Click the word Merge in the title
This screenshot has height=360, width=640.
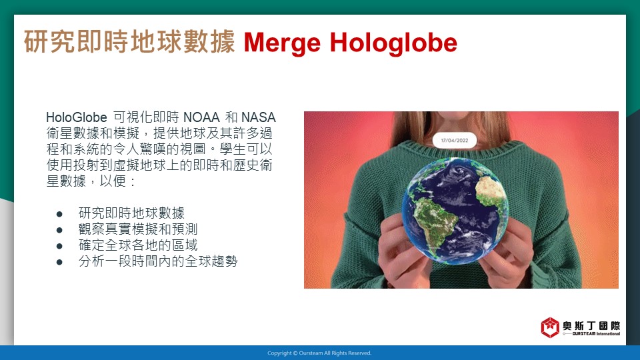[x=282, y=43]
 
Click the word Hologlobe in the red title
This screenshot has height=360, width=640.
[x=393, y=43]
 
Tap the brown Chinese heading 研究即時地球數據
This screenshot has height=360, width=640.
[x=129, y=41]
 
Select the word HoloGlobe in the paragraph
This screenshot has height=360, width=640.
[x=76, y=117]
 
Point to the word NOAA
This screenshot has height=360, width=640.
[x=201, y=117]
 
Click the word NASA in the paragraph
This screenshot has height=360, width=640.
[x=259, y=117]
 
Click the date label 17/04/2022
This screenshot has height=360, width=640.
[x=455, y=141]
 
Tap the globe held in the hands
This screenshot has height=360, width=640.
[x=455, y=211]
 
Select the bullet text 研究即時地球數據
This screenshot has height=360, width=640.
[x=131, y=213]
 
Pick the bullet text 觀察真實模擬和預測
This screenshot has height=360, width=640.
[x=138, y=229]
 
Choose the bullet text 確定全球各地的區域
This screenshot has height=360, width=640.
[x=138, y=245]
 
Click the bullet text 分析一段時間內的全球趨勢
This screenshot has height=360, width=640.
[x=158, y=261]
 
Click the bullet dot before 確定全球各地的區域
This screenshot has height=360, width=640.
[x=59, y=246]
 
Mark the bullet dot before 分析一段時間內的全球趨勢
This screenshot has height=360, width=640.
[x=59, y=262]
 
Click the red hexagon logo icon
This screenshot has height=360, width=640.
[x=550, y=327]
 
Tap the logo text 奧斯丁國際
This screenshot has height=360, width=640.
[x=591, y=326]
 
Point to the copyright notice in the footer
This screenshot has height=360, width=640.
[x=319, y=353]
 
